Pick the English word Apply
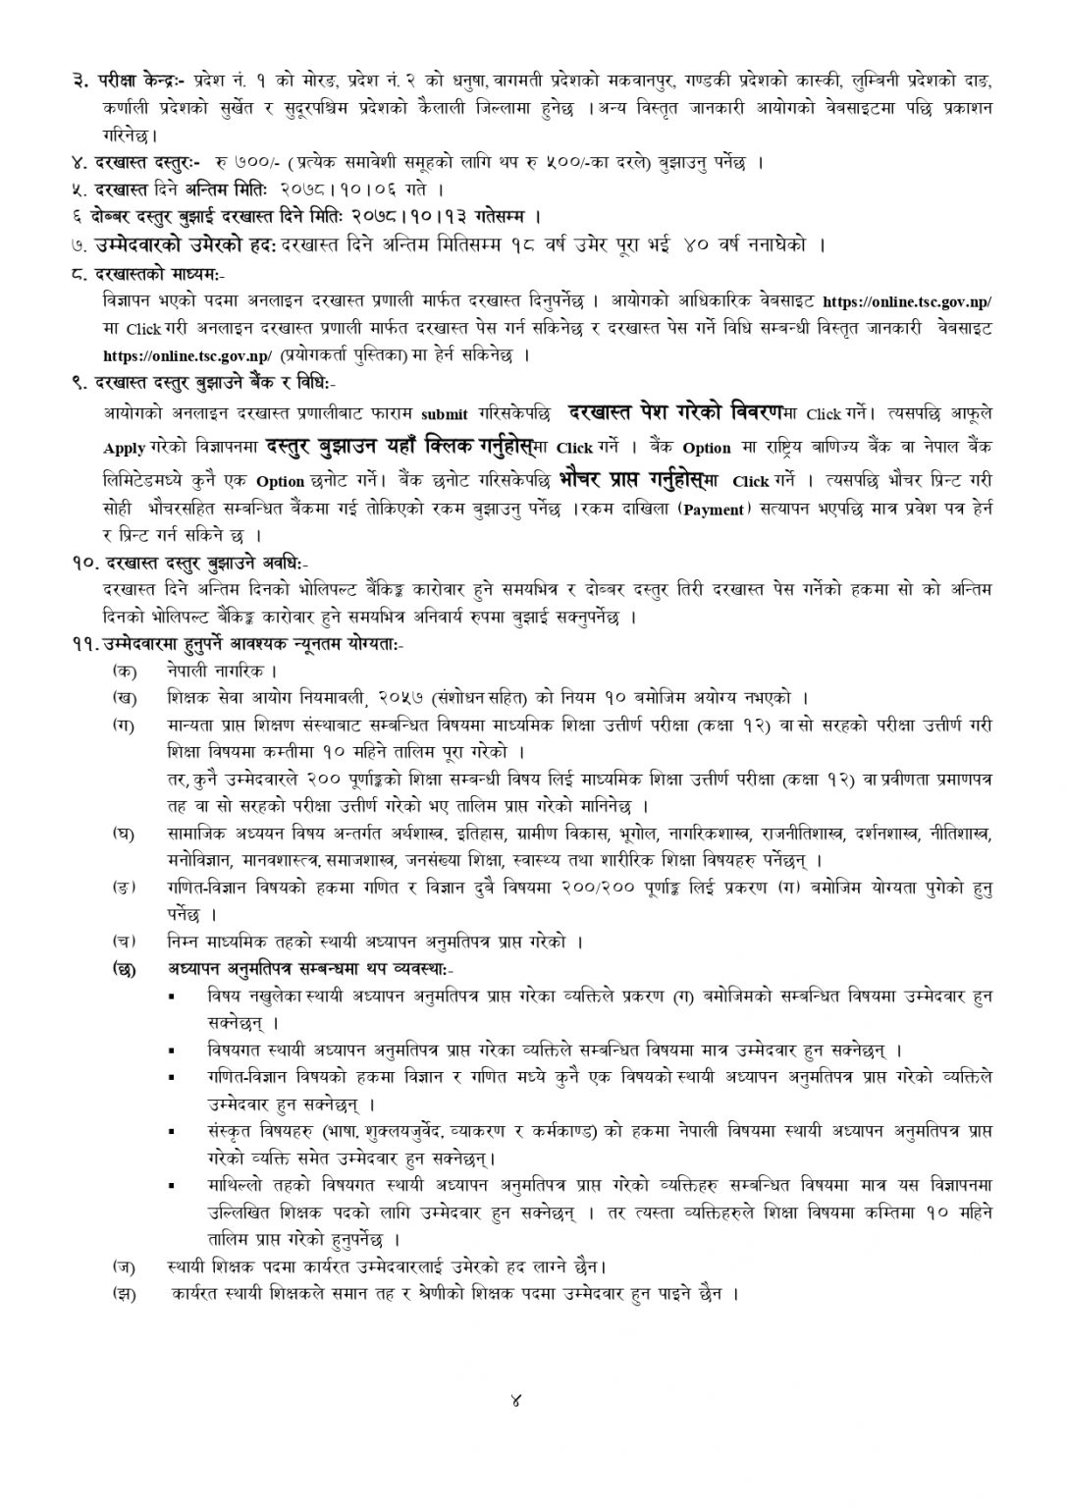(124, 449)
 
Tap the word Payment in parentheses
(713, 511)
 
